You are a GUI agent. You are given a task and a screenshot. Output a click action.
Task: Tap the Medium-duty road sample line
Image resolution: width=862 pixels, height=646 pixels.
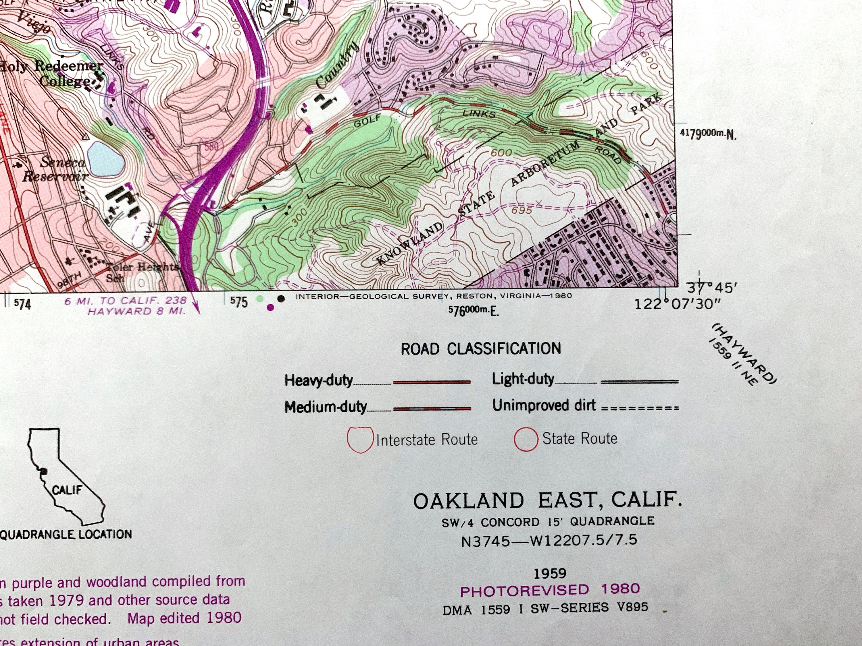pyautogui.click(x=432, y=409)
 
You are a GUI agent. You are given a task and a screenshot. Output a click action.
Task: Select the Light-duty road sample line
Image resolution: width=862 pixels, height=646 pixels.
pyautogui.click(x=639, y=382)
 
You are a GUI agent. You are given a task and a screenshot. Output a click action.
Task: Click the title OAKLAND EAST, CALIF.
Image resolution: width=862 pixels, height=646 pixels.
pyautogui.click(x=548, y=501)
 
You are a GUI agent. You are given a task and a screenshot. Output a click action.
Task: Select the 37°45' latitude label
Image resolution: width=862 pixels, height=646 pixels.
pyautogui.click(x=711, y=289)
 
